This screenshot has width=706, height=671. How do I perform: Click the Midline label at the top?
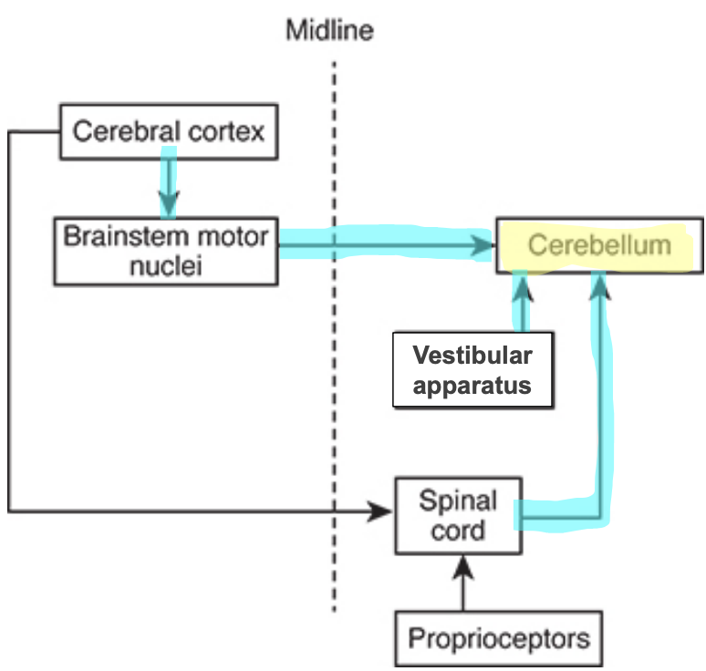(x=329, y=30)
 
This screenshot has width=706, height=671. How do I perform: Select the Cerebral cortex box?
(x=169, y=131)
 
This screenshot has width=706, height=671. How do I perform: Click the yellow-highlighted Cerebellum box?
(x=599, y=245)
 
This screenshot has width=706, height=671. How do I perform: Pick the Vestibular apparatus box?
(x=472, y=370)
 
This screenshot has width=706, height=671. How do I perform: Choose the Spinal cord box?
(x=458, y=515)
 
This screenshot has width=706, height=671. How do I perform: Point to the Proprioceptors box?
(x=498, y=637)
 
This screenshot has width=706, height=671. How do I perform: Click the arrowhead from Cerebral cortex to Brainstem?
(x=169, y=201)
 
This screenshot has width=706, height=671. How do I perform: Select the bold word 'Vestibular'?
(x=472, y=355)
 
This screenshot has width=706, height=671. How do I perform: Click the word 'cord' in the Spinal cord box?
(x=458, y=530)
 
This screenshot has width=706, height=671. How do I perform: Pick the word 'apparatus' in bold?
(x=472, y=385)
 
